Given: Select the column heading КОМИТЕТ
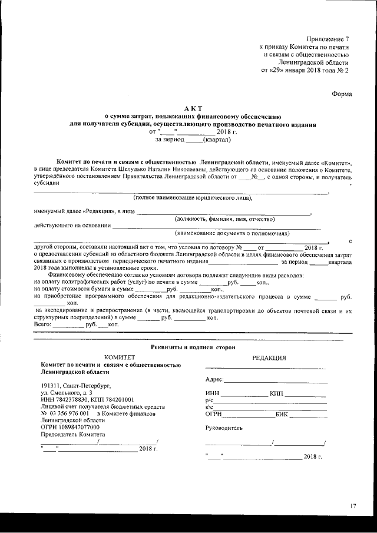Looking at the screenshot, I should point(120,357).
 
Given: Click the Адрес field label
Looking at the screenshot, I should point(214,380).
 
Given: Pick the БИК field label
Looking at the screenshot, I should point(282,415).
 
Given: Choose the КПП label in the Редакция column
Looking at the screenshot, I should point(276,393).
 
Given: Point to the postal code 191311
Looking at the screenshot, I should point(51,386).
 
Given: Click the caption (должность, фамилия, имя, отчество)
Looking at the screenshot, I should point(224,219).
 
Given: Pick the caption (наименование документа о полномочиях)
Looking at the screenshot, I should point(229,233).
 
